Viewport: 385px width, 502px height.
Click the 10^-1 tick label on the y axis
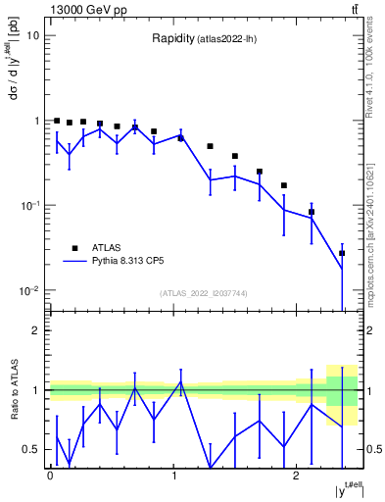pos(29,206)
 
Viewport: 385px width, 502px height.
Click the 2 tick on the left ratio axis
pos(35,330)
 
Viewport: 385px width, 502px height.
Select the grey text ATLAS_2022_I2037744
pos(204,293)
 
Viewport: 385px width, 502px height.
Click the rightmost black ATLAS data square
pos(342,253)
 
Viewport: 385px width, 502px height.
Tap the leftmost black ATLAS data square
pos(57,121)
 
